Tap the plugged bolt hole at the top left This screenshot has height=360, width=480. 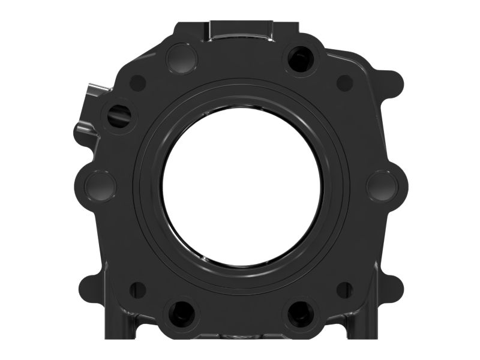pyautogui.click(x=182, y=58)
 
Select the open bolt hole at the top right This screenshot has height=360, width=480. pyautogui.click(x=299, y=58)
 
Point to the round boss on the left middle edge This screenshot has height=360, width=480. pyautogui.click(x=100, y=185)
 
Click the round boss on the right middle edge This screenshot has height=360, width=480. pyautogui.click(x=382, y=185)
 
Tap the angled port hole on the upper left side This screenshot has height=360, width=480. pyautogui.click(x=118, y=113)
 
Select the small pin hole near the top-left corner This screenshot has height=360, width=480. pyautogui.click(x=138, y=82)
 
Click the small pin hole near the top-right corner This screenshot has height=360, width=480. pyautogui.click(x=344, y=83)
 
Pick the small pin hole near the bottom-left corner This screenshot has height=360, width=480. pyautogui.click(x=138, y=289)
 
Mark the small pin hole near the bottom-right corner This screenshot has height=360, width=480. pyautogui.click(x=344, y=289)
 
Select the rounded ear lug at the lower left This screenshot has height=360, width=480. pyautogui.click(x=88, y=284)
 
